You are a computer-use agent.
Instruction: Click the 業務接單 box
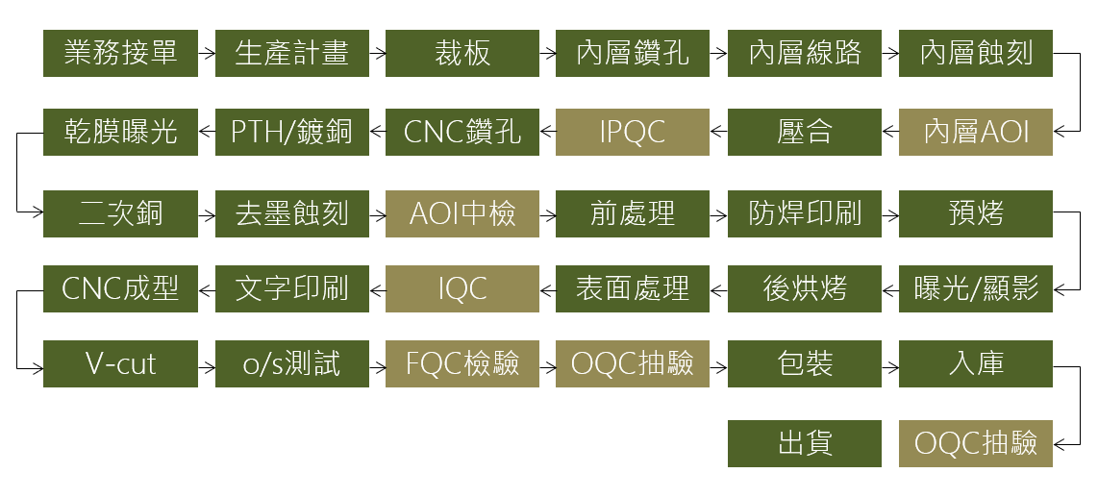point(120,53)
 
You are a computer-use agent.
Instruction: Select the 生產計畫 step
point(292,53)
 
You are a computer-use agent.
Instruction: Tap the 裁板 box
point(462,53)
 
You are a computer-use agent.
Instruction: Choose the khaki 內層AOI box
point(976,133)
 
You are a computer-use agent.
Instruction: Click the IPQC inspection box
point(633,133)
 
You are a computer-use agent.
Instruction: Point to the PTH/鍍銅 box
point(292,133)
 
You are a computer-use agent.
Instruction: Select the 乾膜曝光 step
point(120,133)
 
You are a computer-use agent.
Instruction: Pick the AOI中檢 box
point(462,213)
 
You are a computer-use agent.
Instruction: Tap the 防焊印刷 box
point(805,213)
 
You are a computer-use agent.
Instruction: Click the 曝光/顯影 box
point(976,288)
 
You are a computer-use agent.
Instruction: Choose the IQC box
point(462,288)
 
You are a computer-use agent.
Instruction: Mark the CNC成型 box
point(120,288)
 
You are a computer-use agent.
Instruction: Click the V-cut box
point(120,363)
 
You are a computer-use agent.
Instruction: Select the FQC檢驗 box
point(462,363)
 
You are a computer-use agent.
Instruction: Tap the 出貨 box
point(805,443)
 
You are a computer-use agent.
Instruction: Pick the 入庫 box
point(976,363)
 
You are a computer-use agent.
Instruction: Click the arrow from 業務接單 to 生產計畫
point(207,53)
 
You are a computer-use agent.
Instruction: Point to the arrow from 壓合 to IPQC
point(718,131)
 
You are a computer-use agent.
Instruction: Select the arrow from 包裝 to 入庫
point(890,366)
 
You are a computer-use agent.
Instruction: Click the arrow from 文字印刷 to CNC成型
point(207,288)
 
